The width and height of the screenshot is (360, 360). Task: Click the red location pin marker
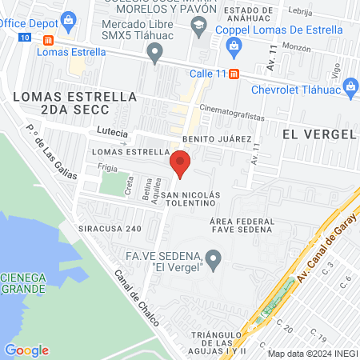click(180, 163)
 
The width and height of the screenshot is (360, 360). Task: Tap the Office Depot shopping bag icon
click(69, 18)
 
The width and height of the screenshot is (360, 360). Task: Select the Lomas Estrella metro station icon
click(49, 40)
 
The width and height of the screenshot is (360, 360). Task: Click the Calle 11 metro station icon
click(234, 74)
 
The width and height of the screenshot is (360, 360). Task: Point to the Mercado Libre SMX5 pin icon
click(156, 53)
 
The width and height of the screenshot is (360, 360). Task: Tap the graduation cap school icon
click(198, 26)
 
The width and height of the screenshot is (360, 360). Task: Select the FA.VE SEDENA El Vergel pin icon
click(213, 258)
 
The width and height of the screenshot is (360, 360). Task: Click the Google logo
click(26, 350)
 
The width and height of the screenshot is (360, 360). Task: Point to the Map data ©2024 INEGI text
click(312, 354)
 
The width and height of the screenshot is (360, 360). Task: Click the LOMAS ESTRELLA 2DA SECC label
click(75, 97)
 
